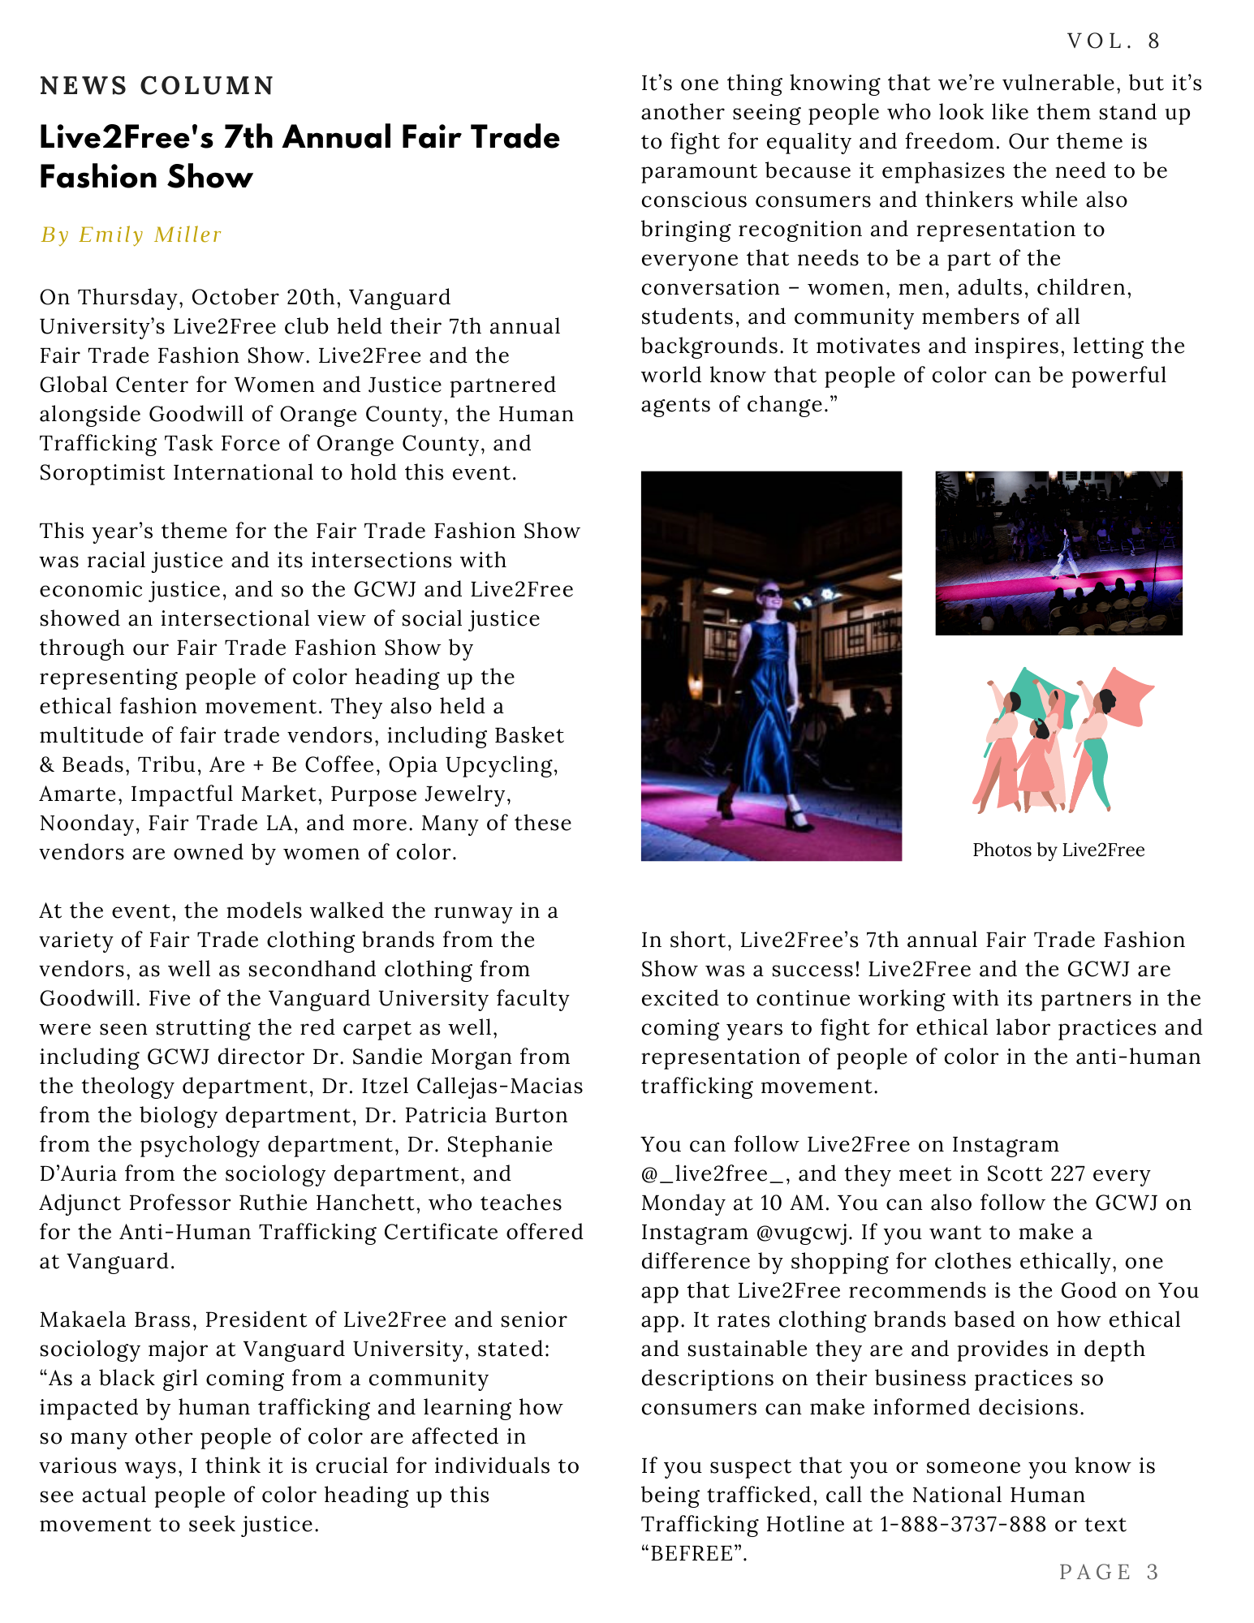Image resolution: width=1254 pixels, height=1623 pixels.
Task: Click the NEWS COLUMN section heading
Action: click(x=157, y=86)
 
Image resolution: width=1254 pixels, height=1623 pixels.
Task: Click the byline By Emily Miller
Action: click(x=131, y=235)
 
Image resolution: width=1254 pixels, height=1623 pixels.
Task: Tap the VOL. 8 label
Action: click(x=1114, y=41)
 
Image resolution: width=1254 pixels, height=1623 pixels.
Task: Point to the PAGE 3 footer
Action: click(x=1109, y=1572)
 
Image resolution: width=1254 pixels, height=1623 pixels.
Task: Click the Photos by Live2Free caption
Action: click(x=1058, y=850)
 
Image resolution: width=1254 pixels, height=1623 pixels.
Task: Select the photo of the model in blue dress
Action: click(x=770, y=665)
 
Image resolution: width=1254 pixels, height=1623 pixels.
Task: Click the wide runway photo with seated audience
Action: click(x=1058, y=553)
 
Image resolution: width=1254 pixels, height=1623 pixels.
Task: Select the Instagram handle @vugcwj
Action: click(x=804, y=1233)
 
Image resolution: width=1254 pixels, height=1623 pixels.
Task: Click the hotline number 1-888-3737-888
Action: click(x=963, y=1525)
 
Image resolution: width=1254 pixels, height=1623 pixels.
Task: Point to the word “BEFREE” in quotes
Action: click(x=692, y=1554)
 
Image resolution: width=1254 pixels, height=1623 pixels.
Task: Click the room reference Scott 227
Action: click(x=1040, y=1174)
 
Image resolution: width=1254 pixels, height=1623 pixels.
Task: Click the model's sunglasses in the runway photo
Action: click(x=770, y=594)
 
